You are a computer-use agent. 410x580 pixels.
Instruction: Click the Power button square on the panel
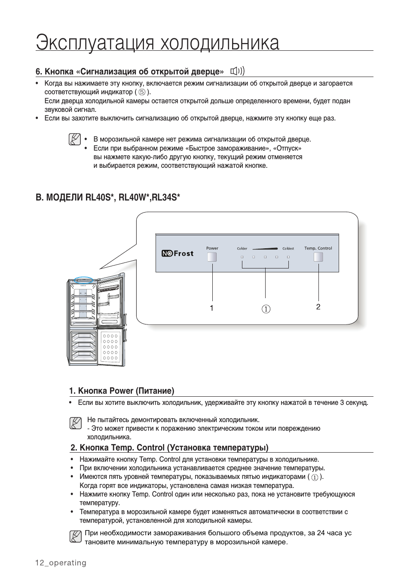tap(212, 257)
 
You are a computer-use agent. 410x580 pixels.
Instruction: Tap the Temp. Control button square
tap(318, 257)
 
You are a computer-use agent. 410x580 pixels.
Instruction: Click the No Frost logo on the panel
tap(177, 253)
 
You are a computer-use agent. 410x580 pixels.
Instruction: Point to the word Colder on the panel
tap(242, 249)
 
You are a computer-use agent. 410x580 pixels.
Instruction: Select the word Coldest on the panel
tap(288, 249)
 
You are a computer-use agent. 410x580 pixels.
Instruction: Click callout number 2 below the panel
tap(318, 307)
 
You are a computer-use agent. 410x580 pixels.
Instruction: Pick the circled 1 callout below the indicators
tap(266, 309)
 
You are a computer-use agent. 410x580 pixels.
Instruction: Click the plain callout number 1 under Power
tap(212, 308)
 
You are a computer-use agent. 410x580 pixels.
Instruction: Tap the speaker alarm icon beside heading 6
tap(238, 71)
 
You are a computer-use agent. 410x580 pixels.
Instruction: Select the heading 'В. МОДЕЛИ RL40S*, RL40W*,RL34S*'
tap(108, 197)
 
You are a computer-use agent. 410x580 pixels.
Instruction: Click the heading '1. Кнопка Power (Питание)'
tap(122, 391)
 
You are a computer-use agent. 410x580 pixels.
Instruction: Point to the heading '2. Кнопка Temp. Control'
tap(169, 447)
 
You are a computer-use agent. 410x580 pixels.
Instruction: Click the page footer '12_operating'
tap(61, 563)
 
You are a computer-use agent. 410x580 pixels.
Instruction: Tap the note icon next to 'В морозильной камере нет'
tap(75, 139)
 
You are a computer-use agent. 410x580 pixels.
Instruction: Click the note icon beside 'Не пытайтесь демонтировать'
tap(75, 423)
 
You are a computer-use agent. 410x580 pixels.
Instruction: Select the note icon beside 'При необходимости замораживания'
tap(75, 537)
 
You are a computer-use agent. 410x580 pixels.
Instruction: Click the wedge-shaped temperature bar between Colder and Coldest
tap(265, 248)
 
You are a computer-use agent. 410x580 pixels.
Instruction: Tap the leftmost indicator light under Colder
tap(242, 257)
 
